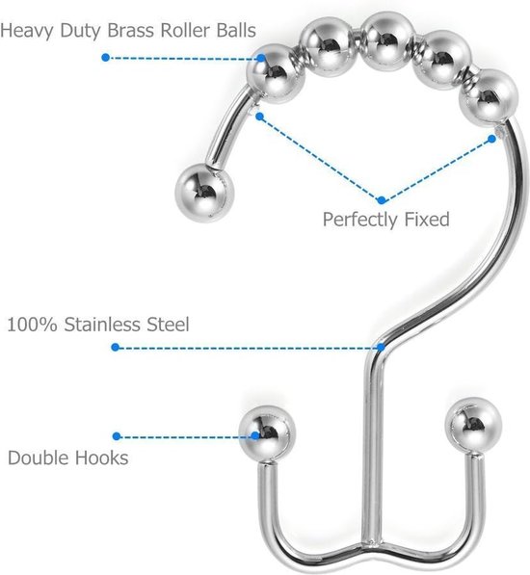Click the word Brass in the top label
point(131,30)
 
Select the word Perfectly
point(360,220)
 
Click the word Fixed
point(427,219)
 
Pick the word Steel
point(168,325)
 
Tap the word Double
point(39,457)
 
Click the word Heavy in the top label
point(27,31)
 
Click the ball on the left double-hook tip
point(267,433)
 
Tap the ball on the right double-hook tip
point(473,426)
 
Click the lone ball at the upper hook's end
point(204,193)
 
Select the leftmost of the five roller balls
point(276,73)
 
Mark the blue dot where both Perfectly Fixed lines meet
point(381,200)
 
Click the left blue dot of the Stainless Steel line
point(116,347)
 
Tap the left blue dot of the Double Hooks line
point(117,436)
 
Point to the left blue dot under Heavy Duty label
point(106,58)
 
